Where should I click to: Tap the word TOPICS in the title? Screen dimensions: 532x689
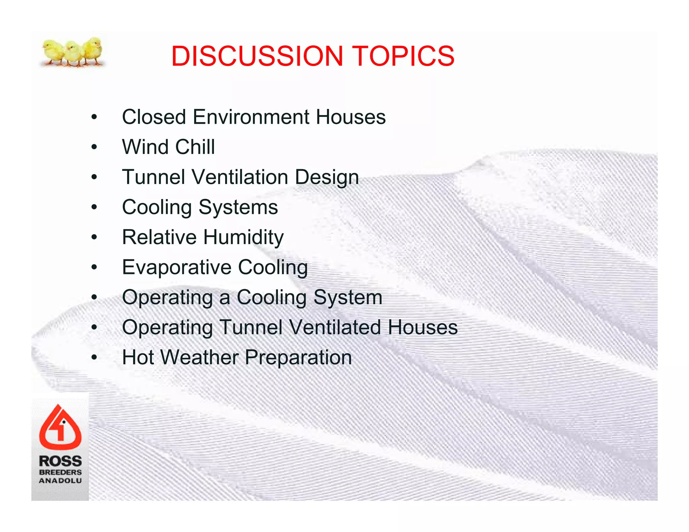(x=403, y=56)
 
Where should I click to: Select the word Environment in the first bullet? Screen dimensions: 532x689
(x=251, y=117)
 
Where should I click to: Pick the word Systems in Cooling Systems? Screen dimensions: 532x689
(x=238, y=207)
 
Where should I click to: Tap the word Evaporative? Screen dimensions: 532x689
(x=177, y=267)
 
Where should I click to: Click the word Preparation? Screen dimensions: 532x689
(x=298, y=357)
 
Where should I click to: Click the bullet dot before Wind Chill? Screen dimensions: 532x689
(x=94, y=147)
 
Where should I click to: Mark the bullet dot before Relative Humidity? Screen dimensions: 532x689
(x=94, y=237)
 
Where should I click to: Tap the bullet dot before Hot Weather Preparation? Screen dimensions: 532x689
(x=94, y=357)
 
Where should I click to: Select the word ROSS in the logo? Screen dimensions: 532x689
(x=60, y=461)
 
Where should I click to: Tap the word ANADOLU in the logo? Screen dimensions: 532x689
(x=60, y=481)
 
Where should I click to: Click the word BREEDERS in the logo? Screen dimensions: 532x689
(x=60, y=472)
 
